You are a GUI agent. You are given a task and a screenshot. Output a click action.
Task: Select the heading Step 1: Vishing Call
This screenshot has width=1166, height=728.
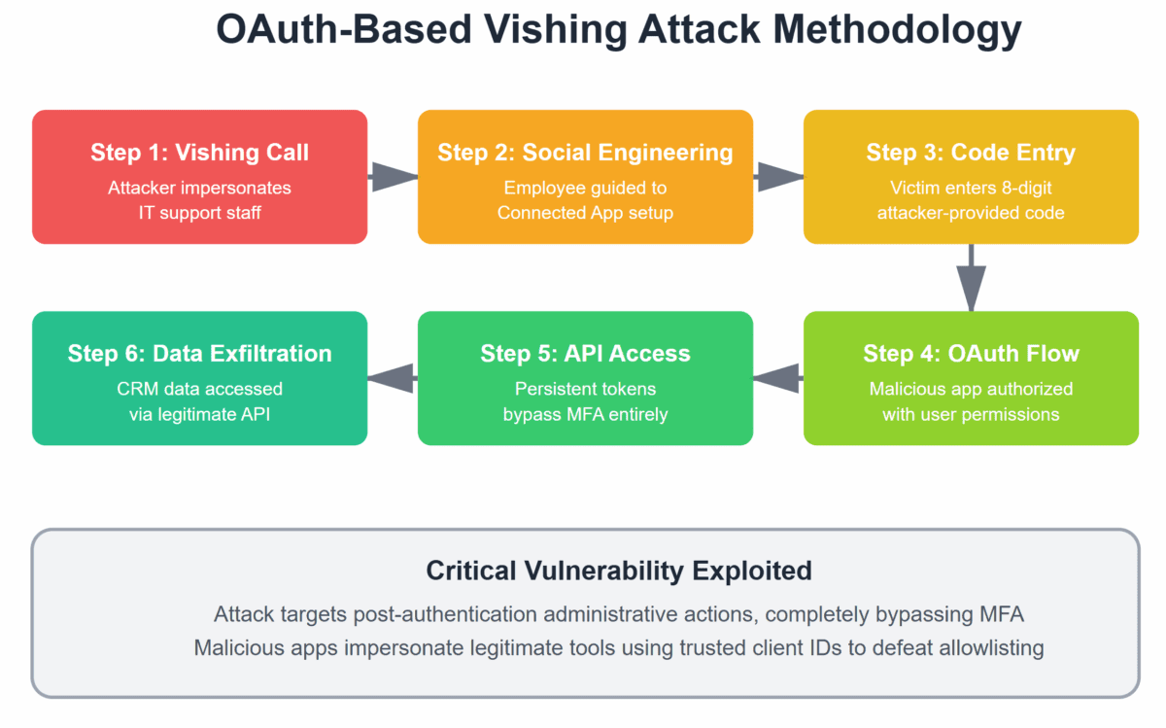200,153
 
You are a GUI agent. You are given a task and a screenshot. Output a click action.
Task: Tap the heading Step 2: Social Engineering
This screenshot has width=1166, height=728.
585,153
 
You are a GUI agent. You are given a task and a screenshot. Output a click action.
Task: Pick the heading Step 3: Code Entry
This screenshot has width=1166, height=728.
971,153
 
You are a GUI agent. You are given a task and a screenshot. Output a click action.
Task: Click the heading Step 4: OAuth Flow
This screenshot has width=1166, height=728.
971,354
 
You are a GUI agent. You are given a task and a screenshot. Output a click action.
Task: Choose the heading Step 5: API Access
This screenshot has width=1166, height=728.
585,354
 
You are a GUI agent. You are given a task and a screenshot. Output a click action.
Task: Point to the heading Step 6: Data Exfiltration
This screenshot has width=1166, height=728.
200,354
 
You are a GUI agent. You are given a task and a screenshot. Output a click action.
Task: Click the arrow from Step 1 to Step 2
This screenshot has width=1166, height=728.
393,177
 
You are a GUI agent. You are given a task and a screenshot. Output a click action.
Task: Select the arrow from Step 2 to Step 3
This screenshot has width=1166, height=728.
778,177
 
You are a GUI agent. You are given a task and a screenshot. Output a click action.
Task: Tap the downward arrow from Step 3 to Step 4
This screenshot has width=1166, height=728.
971,277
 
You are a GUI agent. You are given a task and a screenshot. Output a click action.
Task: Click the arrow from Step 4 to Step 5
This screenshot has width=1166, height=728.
778,378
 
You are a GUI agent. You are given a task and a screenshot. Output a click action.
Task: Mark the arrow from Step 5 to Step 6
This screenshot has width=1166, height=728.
393,378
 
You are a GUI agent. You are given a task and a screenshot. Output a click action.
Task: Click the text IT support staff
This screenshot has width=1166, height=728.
200,212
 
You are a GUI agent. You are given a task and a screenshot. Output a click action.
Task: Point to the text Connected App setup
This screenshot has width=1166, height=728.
585,212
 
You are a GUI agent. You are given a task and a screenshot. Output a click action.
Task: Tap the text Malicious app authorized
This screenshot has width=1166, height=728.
971,389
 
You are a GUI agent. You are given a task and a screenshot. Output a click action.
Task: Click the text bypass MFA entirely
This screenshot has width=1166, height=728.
585,413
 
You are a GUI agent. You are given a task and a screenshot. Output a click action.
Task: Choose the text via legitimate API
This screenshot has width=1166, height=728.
200,413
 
